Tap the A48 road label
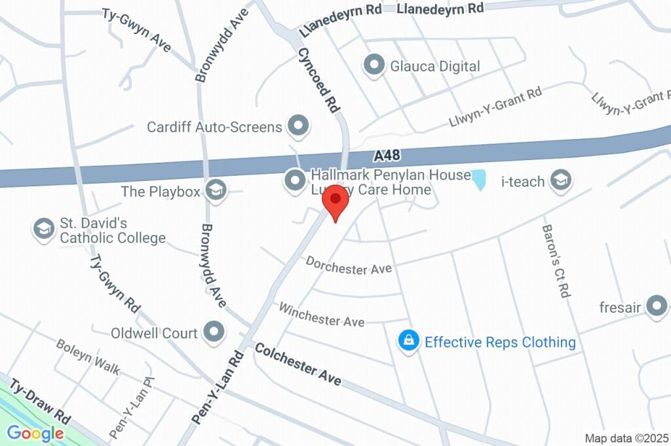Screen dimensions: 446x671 pyautogui.click(x=387, y=156)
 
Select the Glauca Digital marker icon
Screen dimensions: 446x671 pyautogui.click(x=374, y=66)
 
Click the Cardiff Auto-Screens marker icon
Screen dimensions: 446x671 pyautogui.click(x=298, y=125)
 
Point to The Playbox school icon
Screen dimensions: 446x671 pyautogui.click(x=214, y=191)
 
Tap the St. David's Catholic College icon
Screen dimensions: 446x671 pyautogui.click(x=43, y=229)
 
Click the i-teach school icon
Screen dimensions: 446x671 pyautogui.click(x=560, y=180)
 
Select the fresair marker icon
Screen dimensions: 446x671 pyautogui.click(x=655, y=306)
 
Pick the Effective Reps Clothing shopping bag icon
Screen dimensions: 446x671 pyautogui.click(x=408, y=341)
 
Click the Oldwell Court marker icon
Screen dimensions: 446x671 pyautogui.click(x=214, y=333)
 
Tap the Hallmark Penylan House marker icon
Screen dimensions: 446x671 pyautogui.click(x=295, y=179)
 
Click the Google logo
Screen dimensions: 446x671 pyautogui.click(x=35, y=433)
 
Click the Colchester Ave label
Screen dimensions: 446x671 pyautogui.click(x=298, y=364)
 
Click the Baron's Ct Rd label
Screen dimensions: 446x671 pyautogui.click(x=554, y=261)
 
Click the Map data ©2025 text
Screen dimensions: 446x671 pyautogui.click(x=626, y=438)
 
